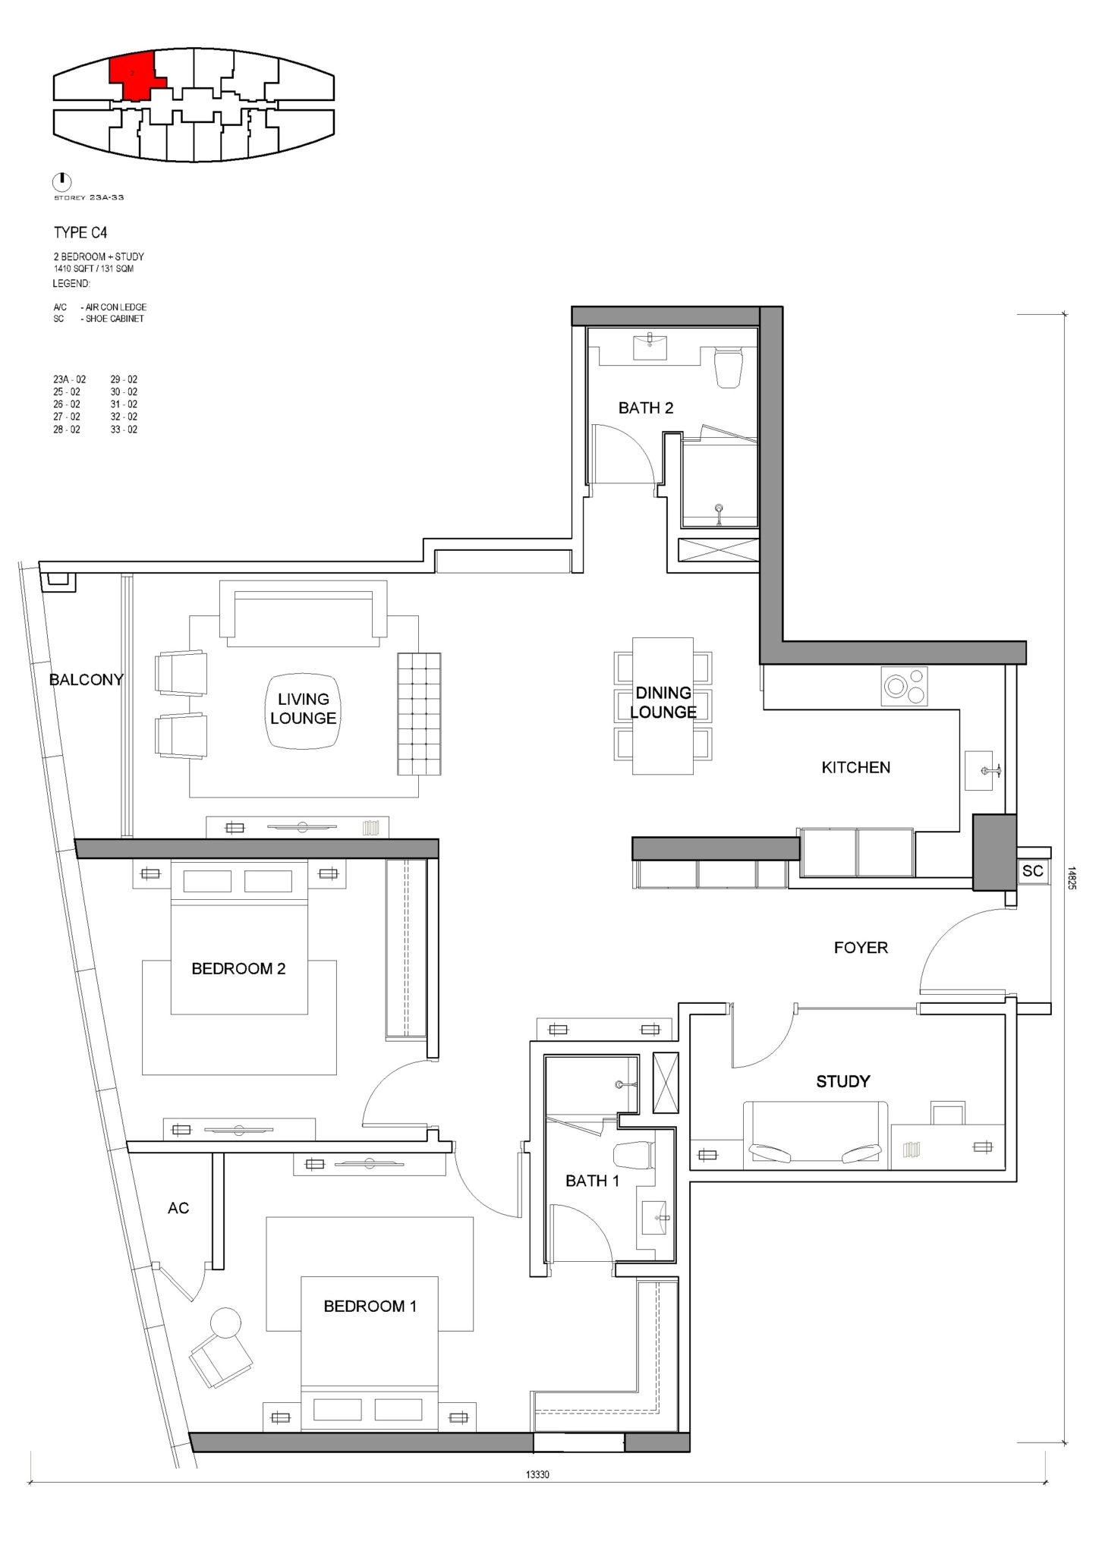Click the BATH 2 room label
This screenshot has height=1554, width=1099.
click(645, 408)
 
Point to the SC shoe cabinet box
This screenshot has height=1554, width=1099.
click(1032, 871)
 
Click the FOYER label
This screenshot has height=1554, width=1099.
click(860, 948)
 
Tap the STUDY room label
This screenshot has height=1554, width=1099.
click(842, 1081)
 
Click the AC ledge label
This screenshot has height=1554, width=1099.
click(178, 1208)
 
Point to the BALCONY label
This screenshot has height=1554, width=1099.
click(86, 680)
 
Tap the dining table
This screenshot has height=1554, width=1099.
click(663, 706)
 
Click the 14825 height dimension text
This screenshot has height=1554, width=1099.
click(1070, 878)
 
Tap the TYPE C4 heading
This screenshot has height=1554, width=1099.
click(80, 233)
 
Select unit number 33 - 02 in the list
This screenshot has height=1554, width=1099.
click(124, 429)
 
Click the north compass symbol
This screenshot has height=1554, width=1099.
click(61, 181)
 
